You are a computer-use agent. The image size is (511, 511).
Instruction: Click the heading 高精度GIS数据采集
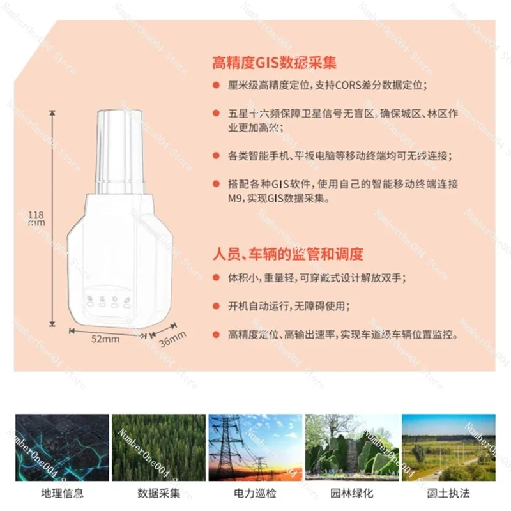coord(274,63)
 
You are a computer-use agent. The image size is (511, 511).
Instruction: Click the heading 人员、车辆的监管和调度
coord(287,254)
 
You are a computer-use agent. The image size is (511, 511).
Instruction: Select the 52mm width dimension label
coord(105,339)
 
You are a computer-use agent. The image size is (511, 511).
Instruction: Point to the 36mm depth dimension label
coord(172,338)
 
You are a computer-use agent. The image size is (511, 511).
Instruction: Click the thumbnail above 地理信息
coord(62,447)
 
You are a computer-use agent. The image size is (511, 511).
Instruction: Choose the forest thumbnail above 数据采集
coord(159,447)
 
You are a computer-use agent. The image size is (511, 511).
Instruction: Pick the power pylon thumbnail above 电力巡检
coord(256,447)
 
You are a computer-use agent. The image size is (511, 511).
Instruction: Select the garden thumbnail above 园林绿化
coord(352,447)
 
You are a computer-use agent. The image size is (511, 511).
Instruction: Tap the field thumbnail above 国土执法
coord(448,447)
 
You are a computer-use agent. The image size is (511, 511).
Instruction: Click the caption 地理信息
coord(62,493)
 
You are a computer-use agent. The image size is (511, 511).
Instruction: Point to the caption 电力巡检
coord(256,493)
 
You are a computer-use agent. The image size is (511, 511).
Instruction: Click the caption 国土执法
coord(448,493)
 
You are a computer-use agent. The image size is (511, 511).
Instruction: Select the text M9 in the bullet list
coord(236,199)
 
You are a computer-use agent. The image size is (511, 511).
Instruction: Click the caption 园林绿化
coord(352,493)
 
